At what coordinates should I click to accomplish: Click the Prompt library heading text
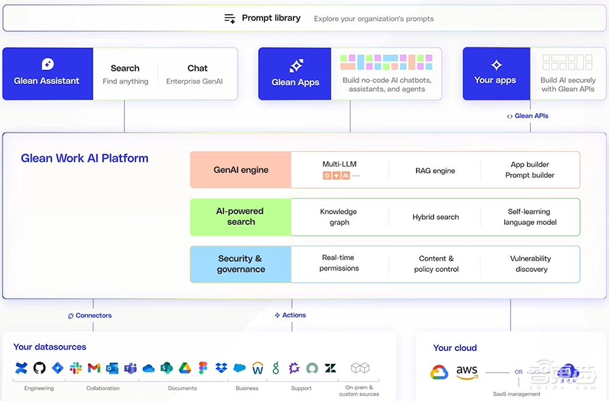(x=271, y=18)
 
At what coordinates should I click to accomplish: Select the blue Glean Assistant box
(x=48, y=74)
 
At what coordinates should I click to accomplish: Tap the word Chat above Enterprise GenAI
(x=197, y=68)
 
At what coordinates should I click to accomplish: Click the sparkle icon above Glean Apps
(x=295, y=66)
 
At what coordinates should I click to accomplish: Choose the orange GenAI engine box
(x=241, y=170)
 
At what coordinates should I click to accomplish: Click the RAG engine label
(x=435, y=171)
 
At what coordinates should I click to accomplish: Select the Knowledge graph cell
(x=339, y=217)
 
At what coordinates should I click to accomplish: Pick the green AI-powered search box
(x=241, y=216)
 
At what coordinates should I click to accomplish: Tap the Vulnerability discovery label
(x=530, y=263)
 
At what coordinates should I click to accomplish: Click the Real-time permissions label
(x=339, y=263)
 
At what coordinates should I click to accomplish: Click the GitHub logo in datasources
(x=40, y=368)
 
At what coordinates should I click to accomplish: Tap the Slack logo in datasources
(x=76, y=368)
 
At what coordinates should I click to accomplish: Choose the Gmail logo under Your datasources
(x=94, y=368)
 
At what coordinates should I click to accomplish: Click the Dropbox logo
(x=221, y=368)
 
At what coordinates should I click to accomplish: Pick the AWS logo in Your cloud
(x=468, y=372)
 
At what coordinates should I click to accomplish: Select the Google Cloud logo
(x=439, y=372)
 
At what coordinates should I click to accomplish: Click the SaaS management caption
(x=516, y=394)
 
